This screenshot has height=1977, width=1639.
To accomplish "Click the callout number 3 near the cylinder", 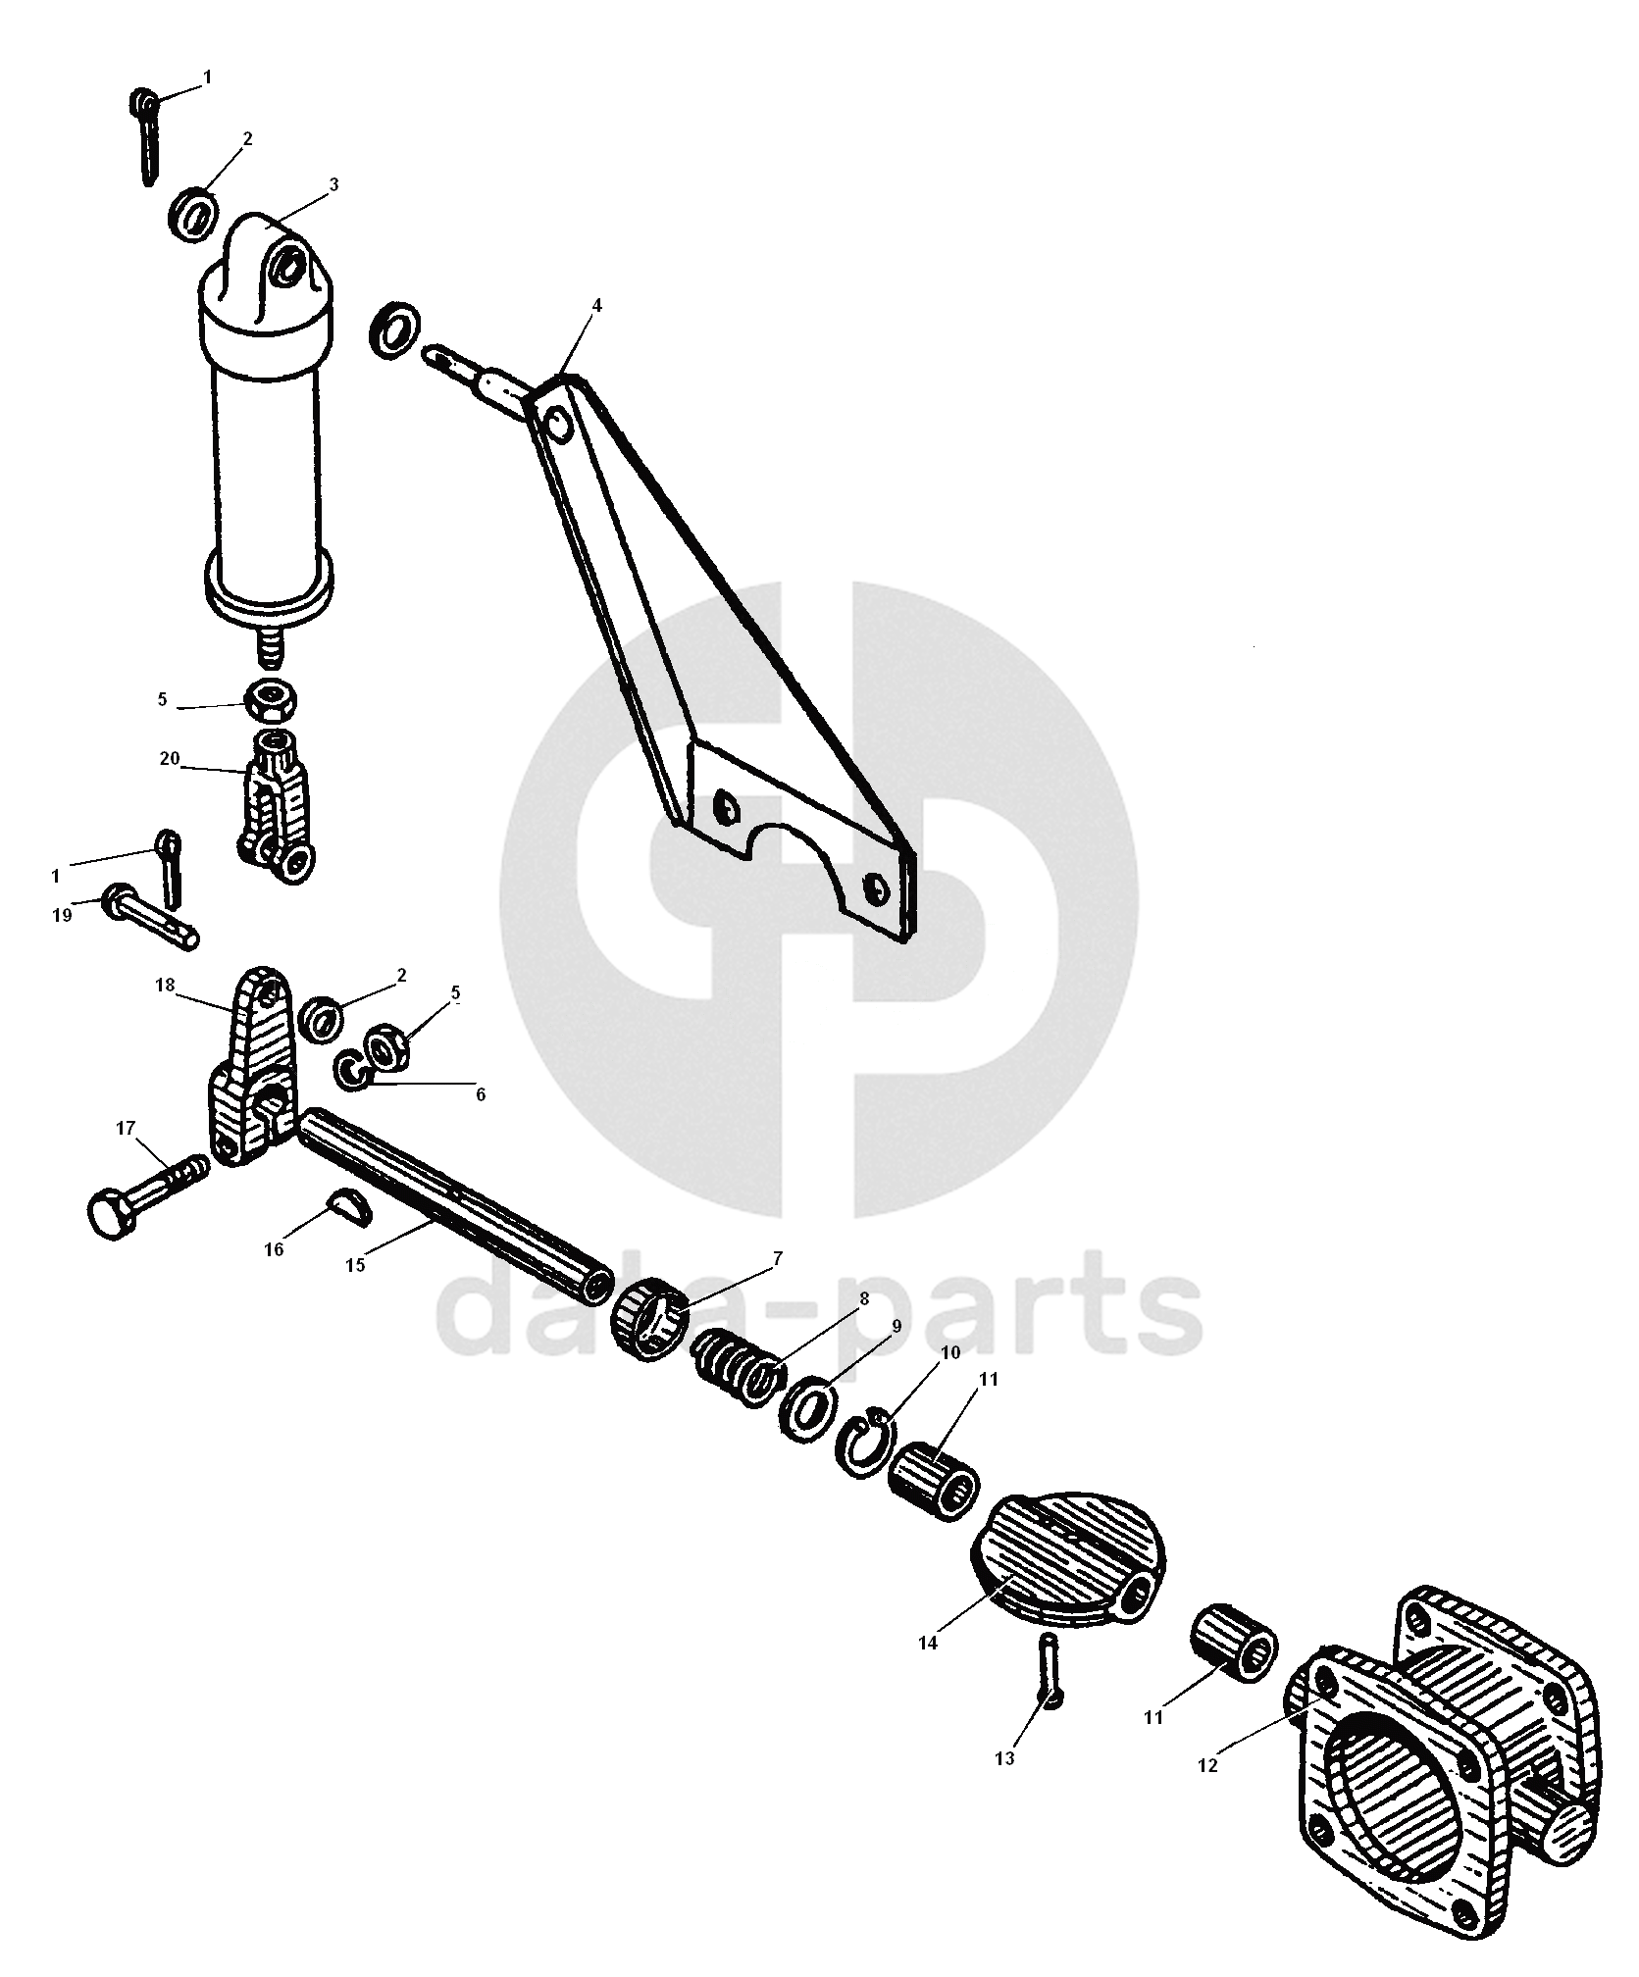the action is pyautogui.click(x=333, y=184).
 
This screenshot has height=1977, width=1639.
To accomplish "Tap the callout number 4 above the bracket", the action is pyautogui.click(x=596, y=306).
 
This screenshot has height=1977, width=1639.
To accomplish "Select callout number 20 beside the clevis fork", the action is pyautogui.click(x=170, y=759).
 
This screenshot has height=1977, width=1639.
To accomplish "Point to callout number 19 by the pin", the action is pyautogui.click(x=62, y=915).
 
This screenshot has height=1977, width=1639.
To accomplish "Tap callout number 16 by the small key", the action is pyautogui.click(x=274, y=1249).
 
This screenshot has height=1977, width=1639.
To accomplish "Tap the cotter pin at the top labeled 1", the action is pyautogui.click(x=144, y=135).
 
